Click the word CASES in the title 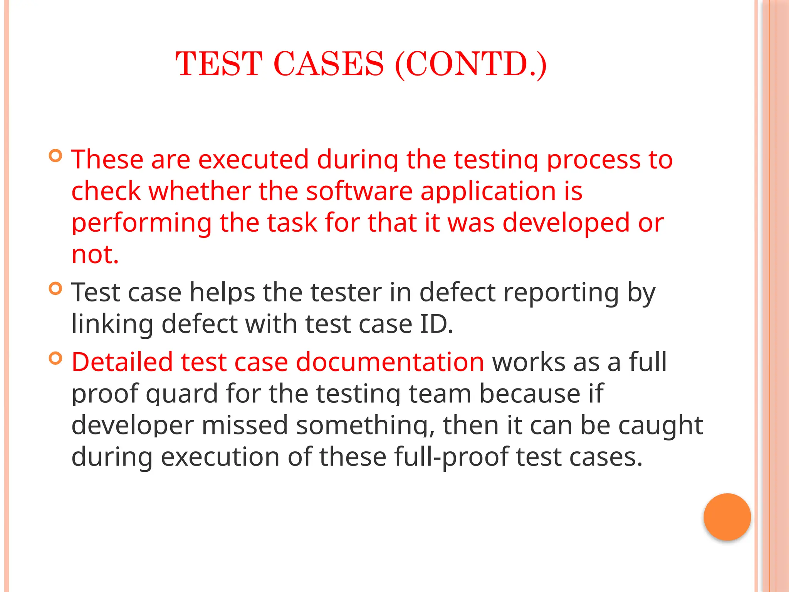pos(329,64)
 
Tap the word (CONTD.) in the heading pos(471,64)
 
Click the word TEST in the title pos(219,64)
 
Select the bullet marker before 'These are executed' pos(56,156)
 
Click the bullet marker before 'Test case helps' pos(56,288)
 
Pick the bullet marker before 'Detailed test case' pos(56,358)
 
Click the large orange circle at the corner pos(727,517)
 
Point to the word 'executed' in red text pos(253,159)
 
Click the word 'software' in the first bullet pos(359,191)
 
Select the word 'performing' pos(141,224)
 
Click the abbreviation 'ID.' pos(436,324)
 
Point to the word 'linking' pos(112,325)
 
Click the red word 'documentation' pos(390,362)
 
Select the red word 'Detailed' pos(122,362)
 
